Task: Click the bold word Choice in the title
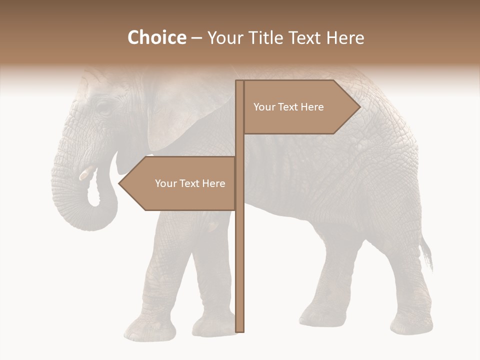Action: [156, 38]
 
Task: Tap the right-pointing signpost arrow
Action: [300, 107]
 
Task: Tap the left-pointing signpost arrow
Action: [180, 183]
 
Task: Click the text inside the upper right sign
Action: [288, 107]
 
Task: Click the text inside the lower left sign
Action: [190, 183]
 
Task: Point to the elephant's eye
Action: [103, 107]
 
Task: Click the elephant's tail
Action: [426, 252]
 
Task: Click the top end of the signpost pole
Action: [239, 82]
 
